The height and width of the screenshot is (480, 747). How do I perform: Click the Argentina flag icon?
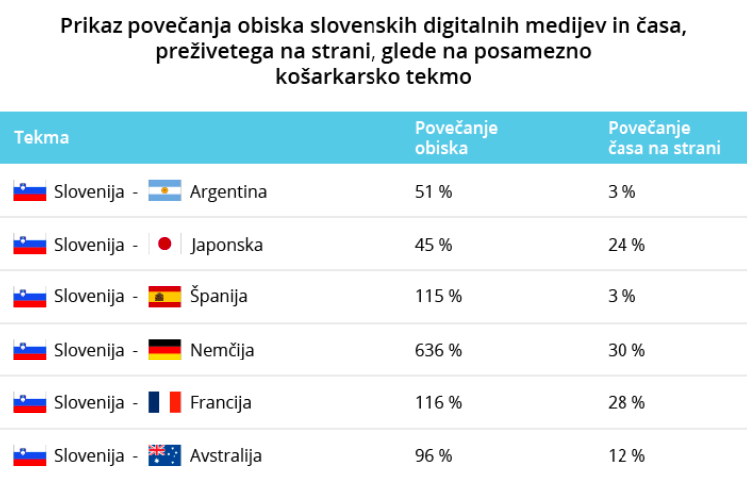pos(164,191)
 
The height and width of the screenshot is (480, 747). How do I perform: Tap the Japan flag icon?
pos(164,244)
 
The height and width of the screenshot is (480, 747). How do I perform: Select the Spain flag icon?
pos(164,296)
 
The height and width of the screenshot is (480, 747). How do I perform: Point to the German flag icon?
pos(164,350)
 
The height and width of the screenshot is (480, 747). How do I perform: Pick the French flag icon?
pos(164,402)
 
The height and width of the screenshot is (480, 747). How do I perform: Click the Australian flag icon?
pos(164,455)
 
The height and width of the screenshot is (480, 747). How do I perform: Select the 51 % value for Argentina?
pos(433,191)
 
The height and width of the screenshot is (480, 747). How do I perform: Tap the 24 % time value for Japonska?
pos(626,244)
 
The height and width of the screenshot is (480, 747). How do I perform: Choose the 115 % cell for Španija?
pos(438,296)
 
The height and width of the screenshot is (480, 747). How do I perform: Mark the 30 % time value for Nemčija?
pos(626,350)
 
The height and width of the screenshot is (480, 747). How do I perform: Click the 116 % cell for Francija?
pos(438,402)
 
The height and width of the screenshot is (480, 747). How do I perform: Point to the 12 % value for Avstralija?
pos(626,455)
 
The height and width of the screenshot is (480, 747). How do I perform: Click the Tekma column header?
pos(41,138)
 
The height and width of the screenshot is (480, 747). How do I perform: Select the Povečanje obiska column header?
pos(456,138)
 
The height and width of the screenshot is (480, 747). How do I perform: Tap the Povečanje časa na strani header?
pos(663,138)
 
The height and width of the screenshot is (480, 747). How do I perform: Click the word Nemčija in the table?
pos(222,350)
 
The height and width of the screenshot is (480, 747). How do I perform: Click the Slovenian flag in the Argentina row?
pos(30,191)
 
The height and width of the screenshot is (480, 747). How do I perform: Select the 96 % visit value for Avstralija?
pos(433,455)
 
